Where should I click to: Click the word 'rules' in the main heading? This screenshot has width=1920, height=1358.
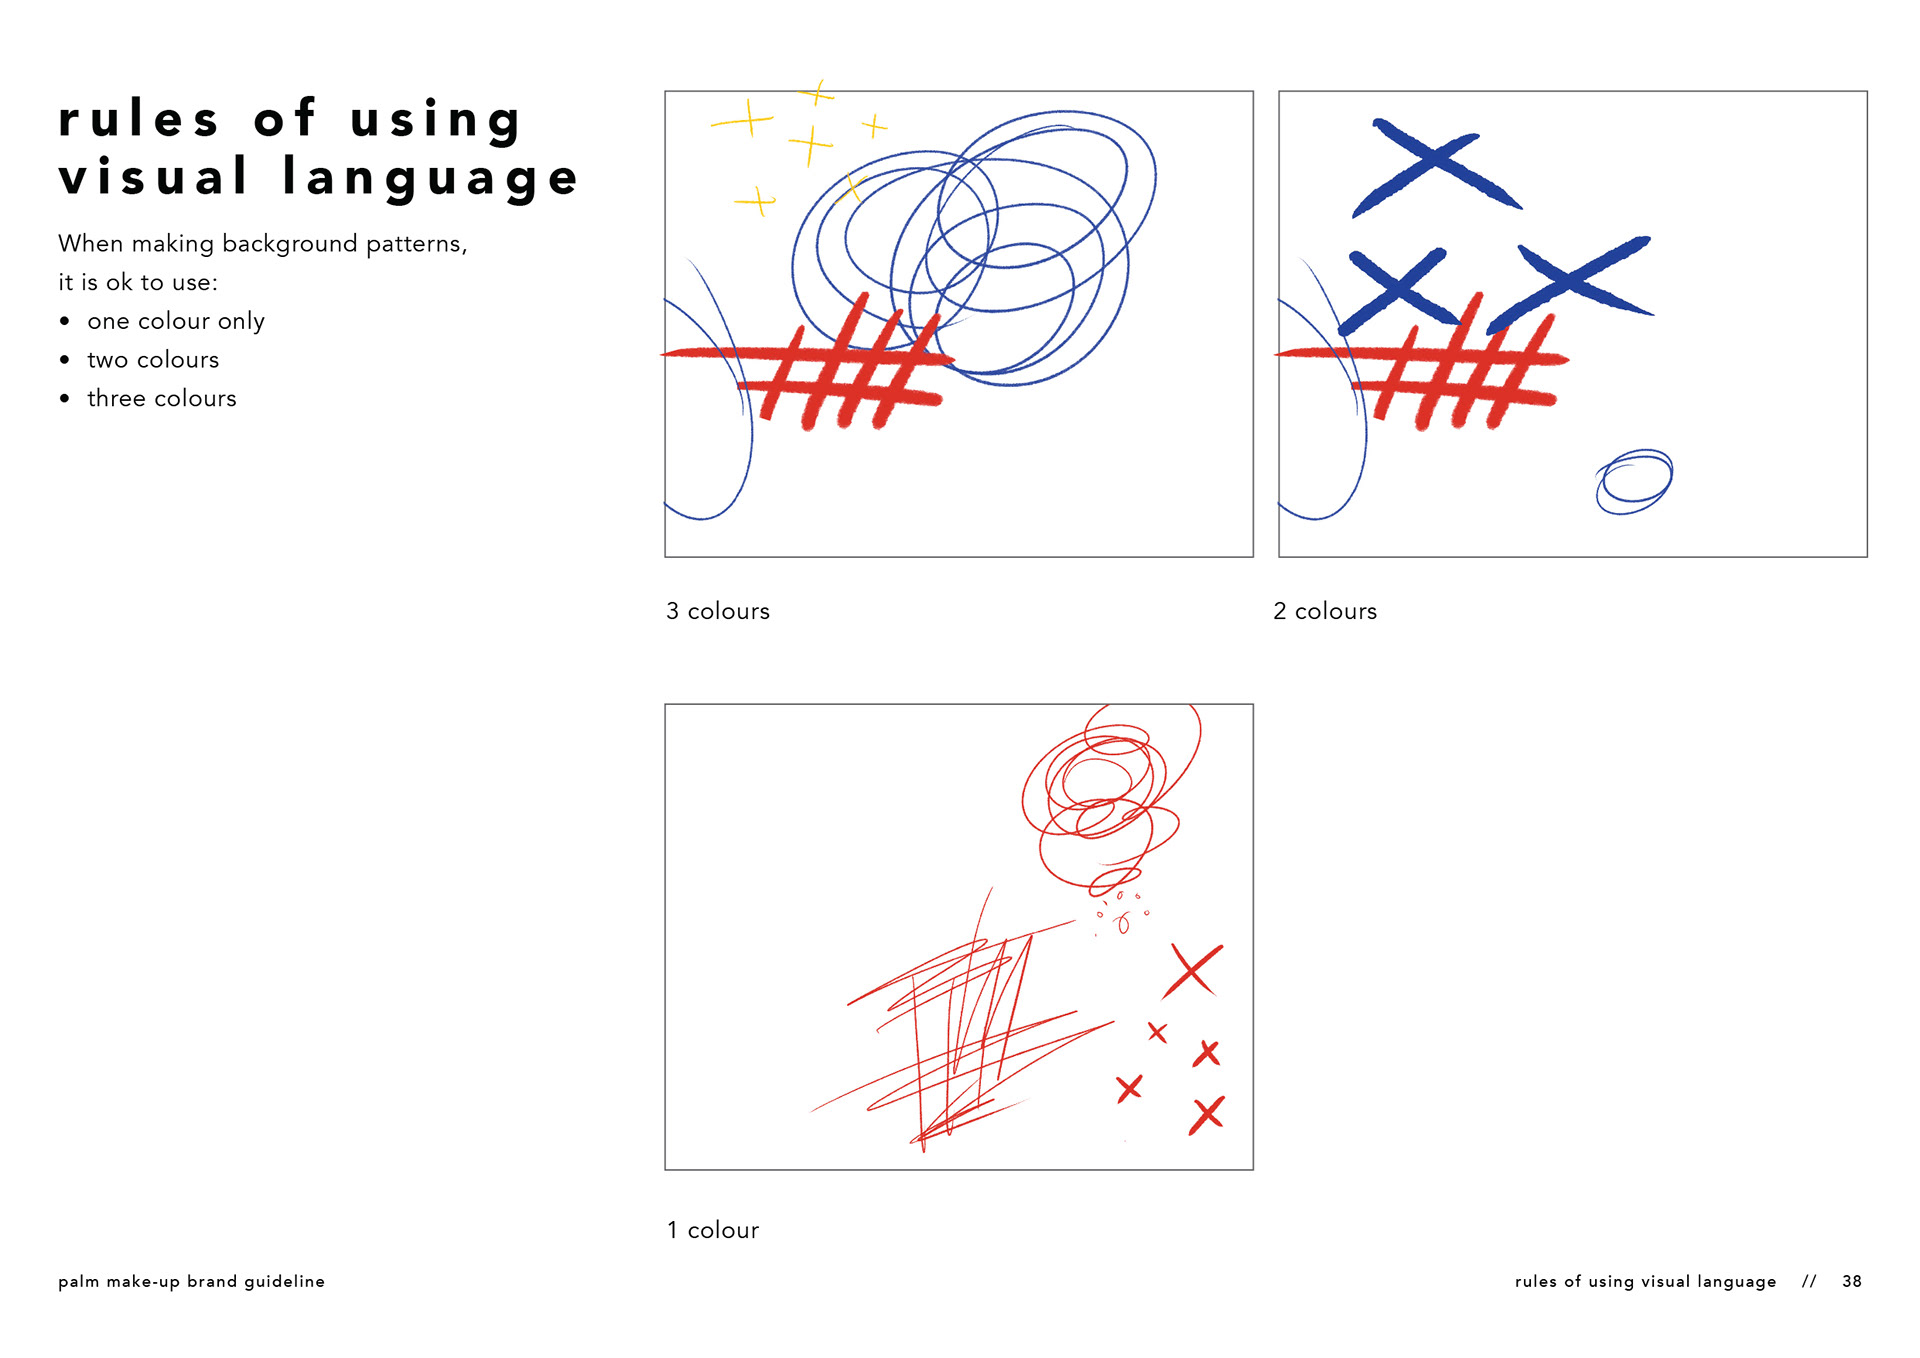138,119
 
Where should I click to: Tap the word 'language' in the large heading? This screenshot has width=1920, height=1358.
431,178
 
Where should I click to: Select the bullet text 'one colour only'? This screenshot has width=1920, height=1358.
176,321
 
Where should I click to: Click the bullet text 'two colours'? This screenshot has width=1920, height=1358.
153,360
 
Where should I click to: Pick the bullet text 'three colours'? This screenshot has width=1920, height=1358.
162,398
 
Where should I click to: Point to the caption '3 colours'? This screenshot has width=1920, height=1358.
718,611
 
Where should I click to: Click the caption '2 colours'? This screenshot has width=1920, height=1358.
1325,611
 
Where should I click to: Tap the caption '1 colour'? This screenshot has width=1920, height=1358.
713,1230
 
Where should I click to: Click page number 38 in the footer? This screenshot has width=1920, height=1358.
1852,1281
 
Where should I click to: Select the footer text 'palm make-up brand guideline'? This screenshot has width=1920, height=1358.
191,1282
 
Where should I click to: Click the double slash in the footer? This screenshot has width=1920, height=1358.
1809,1281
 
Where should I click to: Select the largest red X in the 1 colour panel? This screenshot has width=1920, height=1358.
1192,970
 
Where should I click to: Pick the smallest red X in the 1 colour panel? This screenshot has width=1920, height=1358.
1157,1032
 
